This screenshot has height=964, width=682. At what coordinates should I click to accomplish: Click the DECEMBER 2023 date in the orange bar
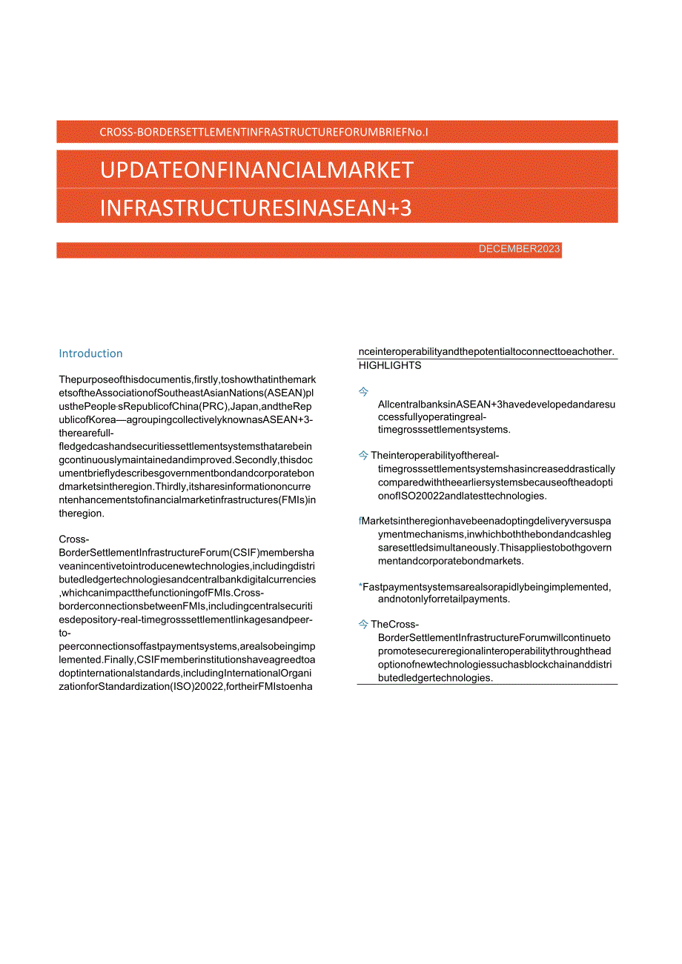coord(519,249)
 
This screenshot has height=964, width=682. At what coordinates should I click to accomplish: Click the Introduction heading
coord(90,353)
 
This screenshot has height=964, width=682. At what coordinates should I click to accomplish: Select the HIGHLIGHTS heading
coord(390,365)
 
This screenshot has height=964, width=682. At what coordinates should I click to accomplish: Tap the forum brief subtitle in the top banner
coord(264,133)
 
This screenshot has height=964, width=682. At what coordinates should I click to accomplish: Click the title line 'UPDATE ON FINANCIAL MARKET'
coord(256,170)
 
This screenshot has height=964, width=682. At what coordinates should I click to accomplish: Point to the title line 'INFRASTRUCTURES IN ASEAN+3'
coord(256,207)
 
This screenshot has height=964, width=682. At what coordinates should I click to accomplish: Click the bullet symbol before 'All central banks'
coord(364,391)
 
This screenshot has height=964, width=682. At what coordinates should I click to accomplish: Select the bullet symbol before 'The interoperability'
coord(364,456)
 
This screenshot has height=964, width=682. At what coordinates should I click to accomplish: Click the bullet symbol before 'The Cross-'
coord(364,625)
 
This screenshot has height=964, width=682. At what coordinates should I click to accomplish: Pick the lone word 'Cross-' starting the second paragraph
coord(74,539)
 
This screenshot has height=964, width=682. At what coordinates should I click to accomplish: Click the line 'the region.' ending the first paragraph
coord(82,513)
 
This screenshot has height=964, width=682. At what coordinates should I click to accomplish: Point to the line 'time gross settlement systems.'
coord(443,430)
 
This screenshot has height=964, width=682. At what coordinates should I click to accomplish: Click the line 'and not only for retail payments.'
coord(443,599)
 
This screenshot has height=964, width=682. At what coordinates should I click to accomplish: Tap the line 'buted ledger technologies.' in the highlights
coord(435,677)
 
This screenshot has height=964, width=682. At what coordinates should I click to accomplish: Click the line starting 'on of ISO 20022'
coord(462,496)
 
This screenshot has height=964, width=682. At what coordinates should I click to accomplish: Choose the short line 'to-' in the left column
coord(66,633)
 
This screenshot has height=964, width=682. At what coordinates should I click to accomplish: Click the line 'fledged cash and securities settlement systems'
coord(186,447)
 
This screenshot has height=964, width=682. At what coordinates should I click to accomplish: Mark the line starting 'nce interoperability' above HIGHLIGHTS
coord(486,351)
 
